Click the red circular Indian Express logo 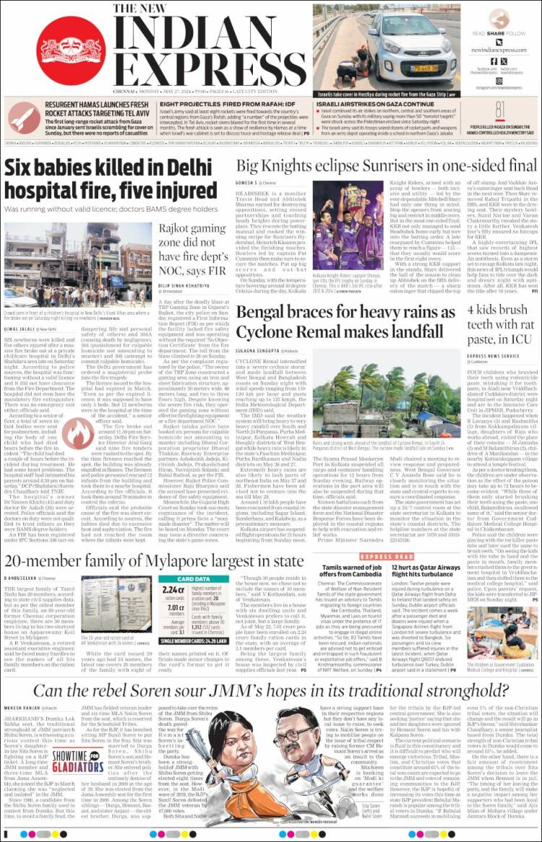coord(70,51)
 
